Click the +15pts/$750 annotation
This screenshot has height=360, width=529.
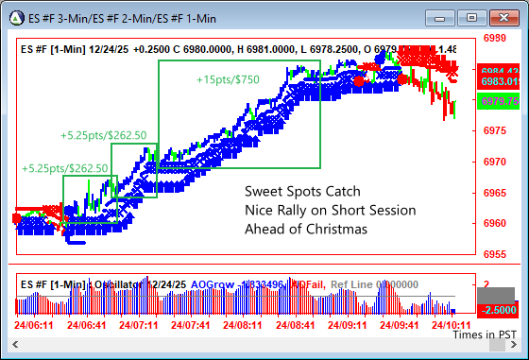coord(228,80)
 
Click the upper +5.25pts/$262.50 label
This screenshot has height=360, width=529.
coord(103,135)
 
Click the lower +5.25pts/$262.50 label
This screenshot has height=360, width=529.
coord(65,168)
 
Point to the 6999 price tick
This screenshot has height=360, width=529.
coord(495,39)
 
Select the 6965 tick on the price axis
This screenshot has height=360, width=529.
coord(495,193)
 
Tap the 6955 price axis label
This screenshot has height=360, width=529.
coord(495,254)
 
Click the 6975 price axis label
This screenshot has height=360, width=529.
coord(495,131)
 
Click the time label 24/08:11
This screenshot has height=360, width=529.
coord(243,324)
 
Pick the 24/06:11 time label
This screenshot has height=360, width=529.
coord(35,324)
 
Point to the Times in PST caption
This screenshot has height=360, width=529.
coord(484,334)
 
